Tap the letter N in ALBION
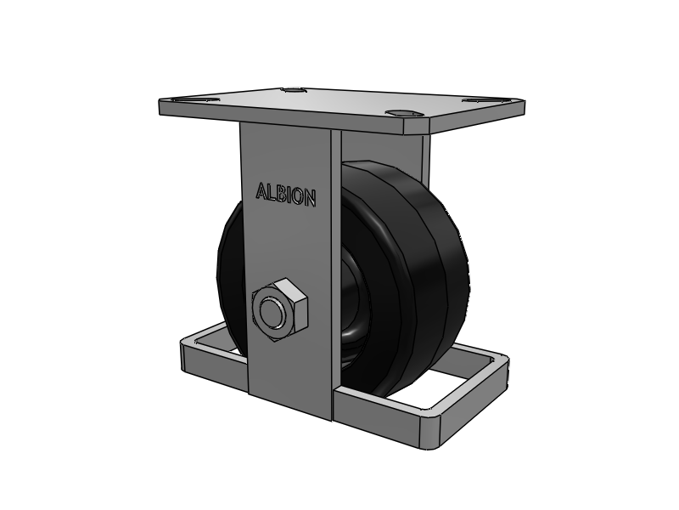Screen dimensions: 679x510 click(x=308, y=198)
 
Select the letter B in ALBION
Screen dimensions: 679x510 click(x=281, y=195)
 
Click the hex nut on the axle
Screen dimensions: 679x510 click(x=280, y=310)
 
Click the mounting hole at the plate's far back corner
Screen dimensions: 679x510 click(x=293, y=91)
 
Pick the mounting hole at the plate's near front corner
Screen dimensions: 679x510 click(x=404, y=114)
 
